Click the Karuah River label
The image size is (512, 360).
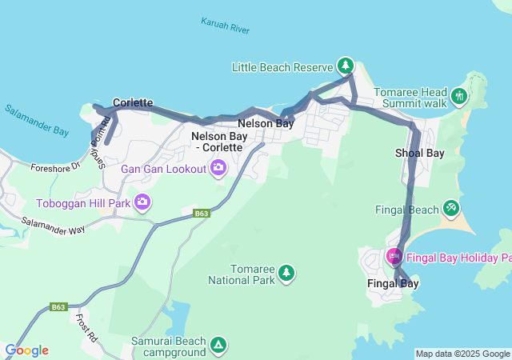click(225, 25)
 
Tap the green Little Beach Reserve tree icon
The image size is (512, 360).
click(345, 65)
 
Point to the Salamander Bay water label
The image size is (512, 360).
click(37, 121)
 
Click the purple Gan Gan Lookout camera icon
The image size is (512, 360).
click(218, 168)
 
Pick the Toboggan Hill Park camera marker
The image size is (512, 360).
click(142, 201)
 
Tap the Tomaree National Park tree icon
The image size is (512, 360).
click(286, 274)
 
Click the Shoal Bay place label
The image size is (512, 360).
click(419, 153)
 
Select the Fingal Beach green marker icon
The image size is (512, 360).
click(451, 209)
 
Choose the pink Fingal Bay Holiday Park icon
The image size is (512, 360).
click(394, 257)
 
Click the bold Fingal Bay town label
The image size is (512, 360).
click(393, 283)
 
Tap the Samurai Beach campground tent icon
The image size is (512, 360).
click(218, 346)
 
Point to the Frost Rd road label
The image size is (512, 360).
click(86, 328)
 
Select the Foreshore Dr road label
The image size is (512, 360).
click(56, 167)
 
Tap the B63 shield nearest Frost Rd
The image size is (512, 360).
click(58, 306)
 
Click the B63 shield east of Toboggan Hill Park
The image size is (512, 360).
click(202, 214)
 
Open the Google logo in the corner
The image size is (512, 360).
click(26, 350)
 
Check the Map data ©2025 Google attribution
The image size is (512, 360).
click(462, 354)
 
